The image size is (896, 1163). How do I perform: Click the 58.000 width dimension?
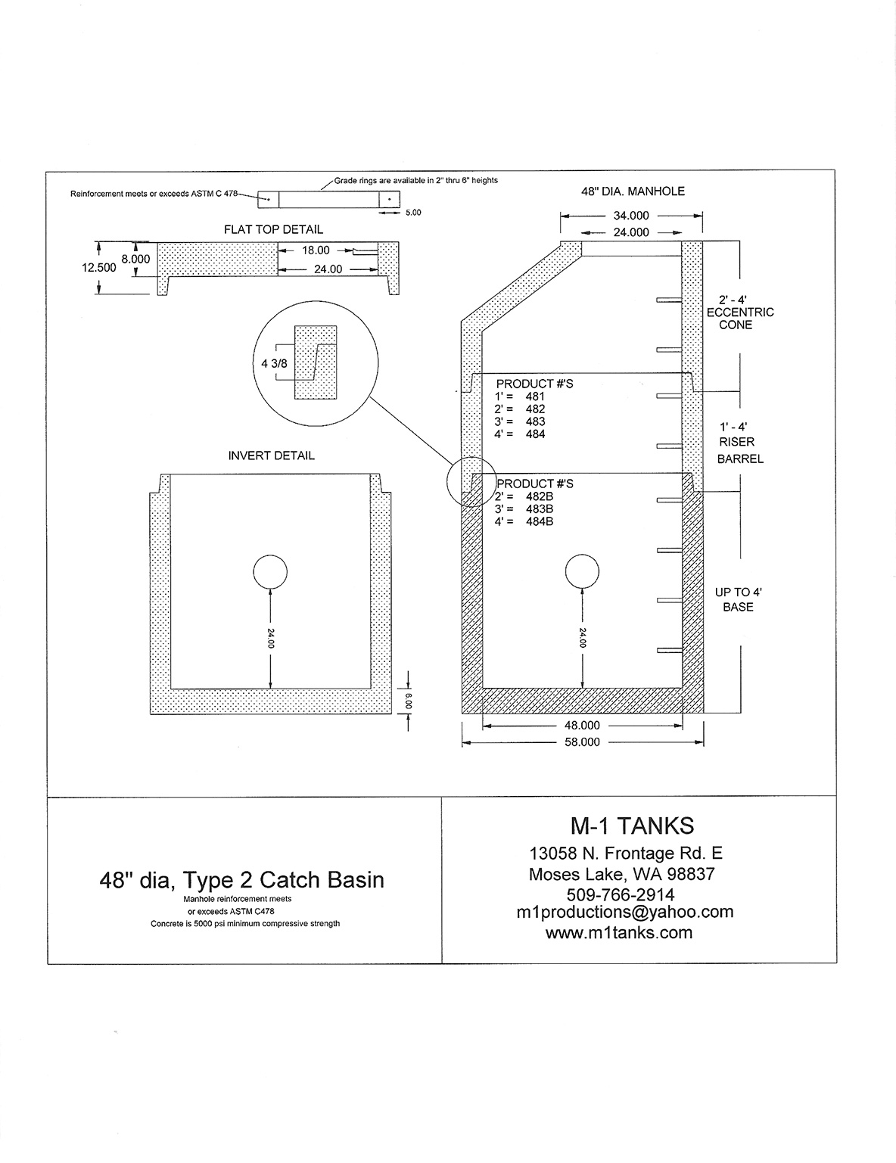[582, 742]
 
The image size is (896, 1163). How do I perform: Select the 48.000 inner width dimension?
[582, 726]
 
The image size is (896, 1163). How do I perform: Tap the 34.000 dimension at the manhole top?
[631, 216]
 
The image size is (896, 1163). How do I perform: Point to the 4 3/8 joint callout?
[274, 364]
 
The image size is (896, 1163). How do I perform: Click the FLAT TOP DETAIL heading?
[273, 229]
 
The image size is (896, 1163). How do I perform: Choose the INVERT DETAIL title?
[272, 456]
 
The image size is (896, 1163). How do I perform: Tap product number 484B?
[540, 522]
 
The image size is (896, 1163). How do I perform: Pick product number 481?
[535, 396]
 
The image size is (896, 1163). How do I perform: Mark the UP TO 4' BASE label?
[738, 599]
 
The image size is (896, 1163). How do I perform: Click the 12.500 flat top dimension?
[99, 268]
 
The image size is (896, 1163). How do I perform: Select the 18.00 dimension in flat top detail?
[316, 250]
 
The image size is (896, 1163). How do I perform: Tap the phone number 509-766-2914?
[621, 894]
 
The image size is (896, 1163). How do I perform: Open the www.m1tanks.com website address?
[619, 933]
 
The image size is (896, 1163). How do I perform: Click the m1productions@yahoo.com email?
[624, 912]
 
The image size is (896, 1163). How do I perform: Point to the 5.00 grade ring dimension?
[413, 213]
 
